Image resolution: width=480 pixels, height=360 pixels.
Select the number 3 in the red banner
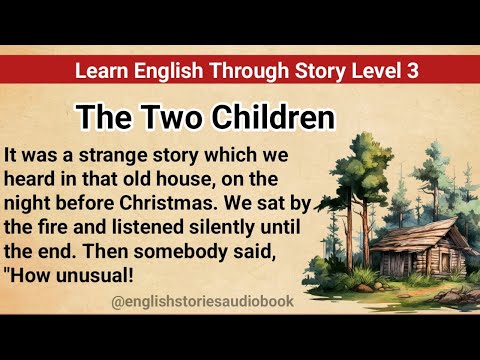point(411,71)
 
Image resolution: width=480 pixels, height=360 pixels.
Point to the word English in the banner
point(160,71)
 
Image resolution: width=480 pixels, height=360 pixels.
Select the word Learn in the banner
point(99,71)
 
